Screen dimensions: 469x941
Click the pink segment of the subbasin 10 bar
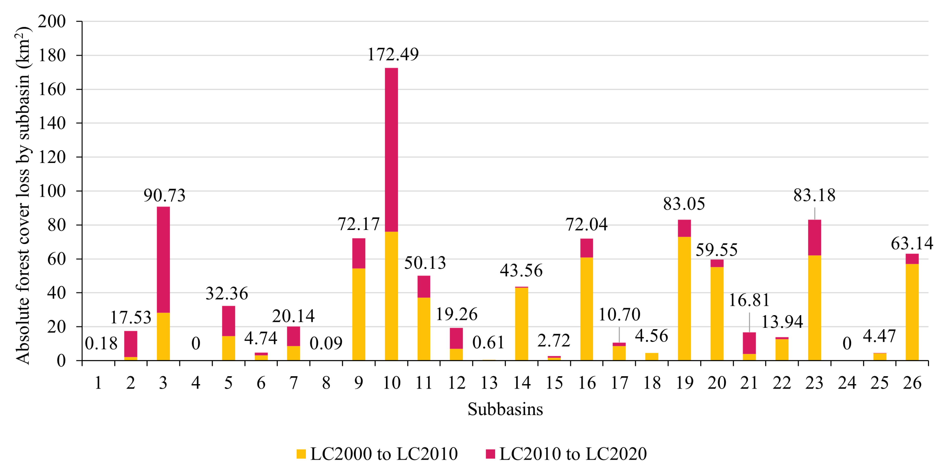click(391, 150)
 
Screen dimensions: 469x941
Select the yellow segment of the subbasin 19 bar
click(684, 298)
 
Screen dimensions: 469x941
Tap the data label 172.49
click(393, 55)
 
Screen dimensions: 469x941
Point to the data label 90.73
click(164, 196)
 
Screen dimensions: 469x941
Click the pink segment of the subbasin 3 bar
click(163, 260)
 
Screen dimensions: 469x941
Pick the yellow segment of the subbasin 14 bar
click(521, 324)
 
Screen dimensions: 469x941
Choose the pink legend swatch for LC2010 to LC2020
click(490, 454)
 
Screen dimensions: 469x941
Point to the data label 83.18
click(814, 195)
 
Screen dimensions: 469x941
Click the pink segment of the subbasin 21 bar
click(749, 343)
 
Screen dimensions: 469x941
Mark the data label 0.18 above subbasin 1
click(101, 343)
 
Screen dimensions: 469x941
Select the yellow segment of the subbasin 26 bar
click(912, 312)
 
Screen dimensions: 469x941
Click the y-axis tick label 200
click(52, 22)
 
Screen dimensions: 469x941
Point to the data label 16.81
click(749, 300)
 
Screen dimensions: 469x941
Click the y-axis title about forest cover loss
click(23, 195)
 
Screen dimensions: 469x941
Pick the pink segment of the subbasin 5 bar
click(228, 321)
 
